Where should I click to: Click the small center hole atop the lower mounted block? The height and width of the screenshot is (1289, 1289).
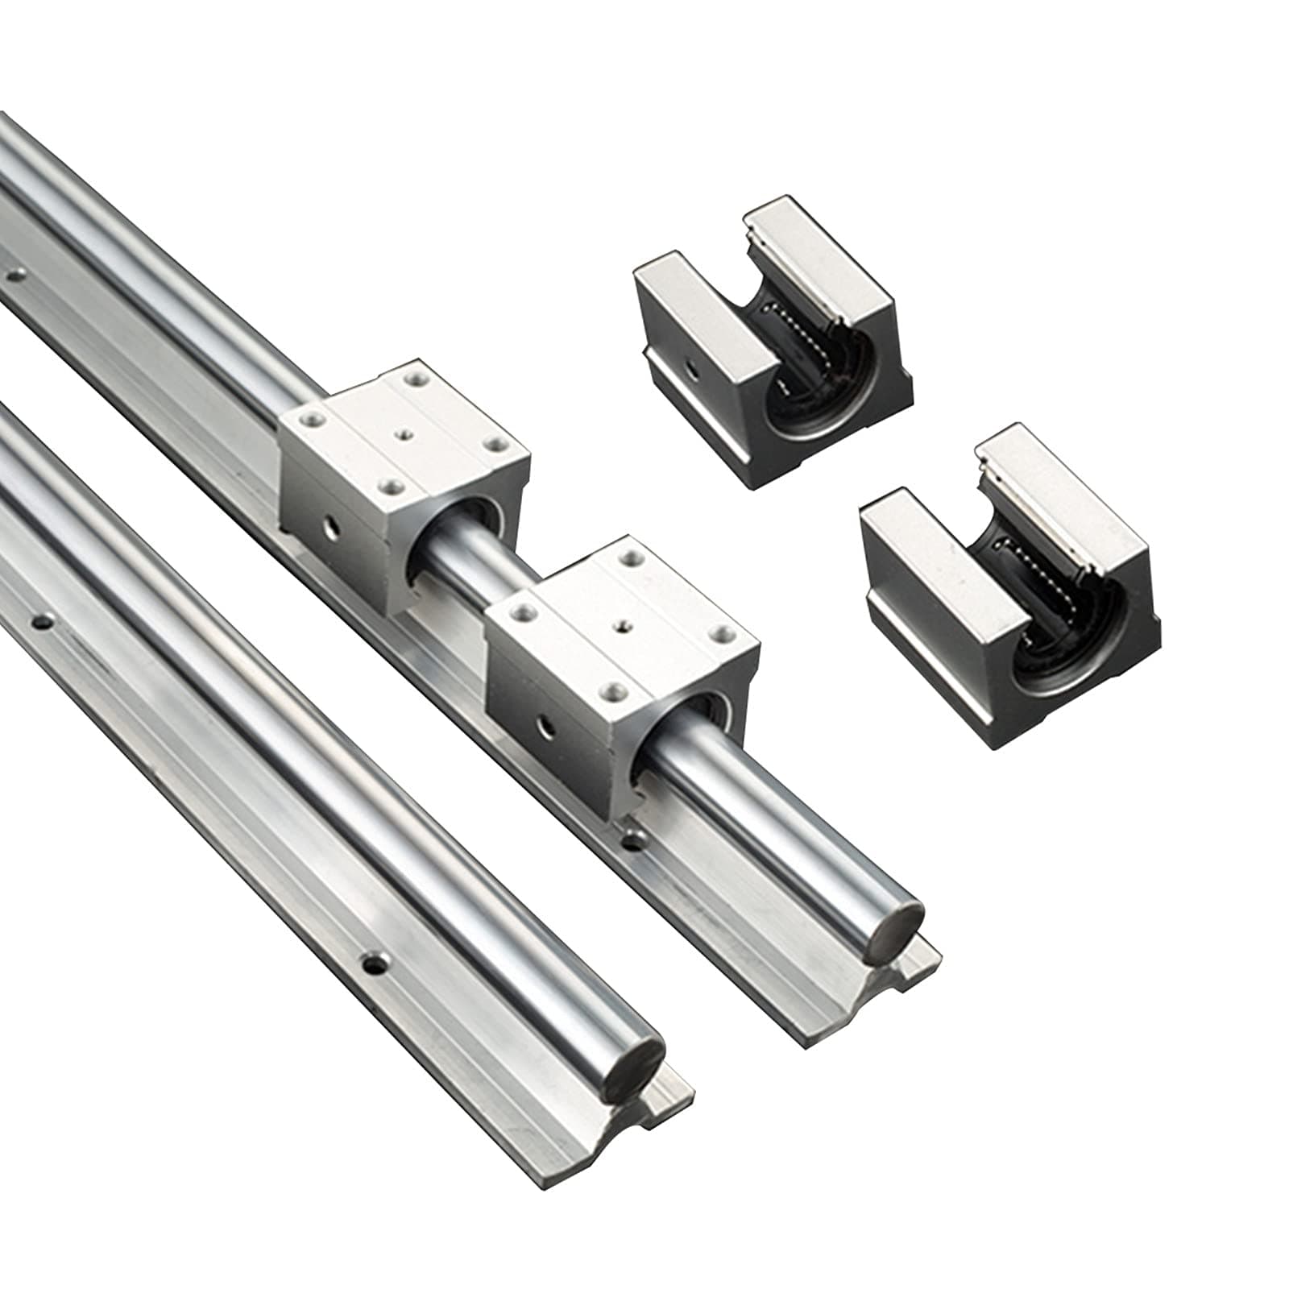pos(622,623)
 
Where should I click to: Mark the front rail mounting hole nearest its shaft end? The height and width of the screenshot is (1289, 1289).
pos(373,962)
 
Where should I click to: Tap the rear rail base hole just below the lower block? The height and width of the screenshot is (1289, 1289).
pos(636,842)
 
